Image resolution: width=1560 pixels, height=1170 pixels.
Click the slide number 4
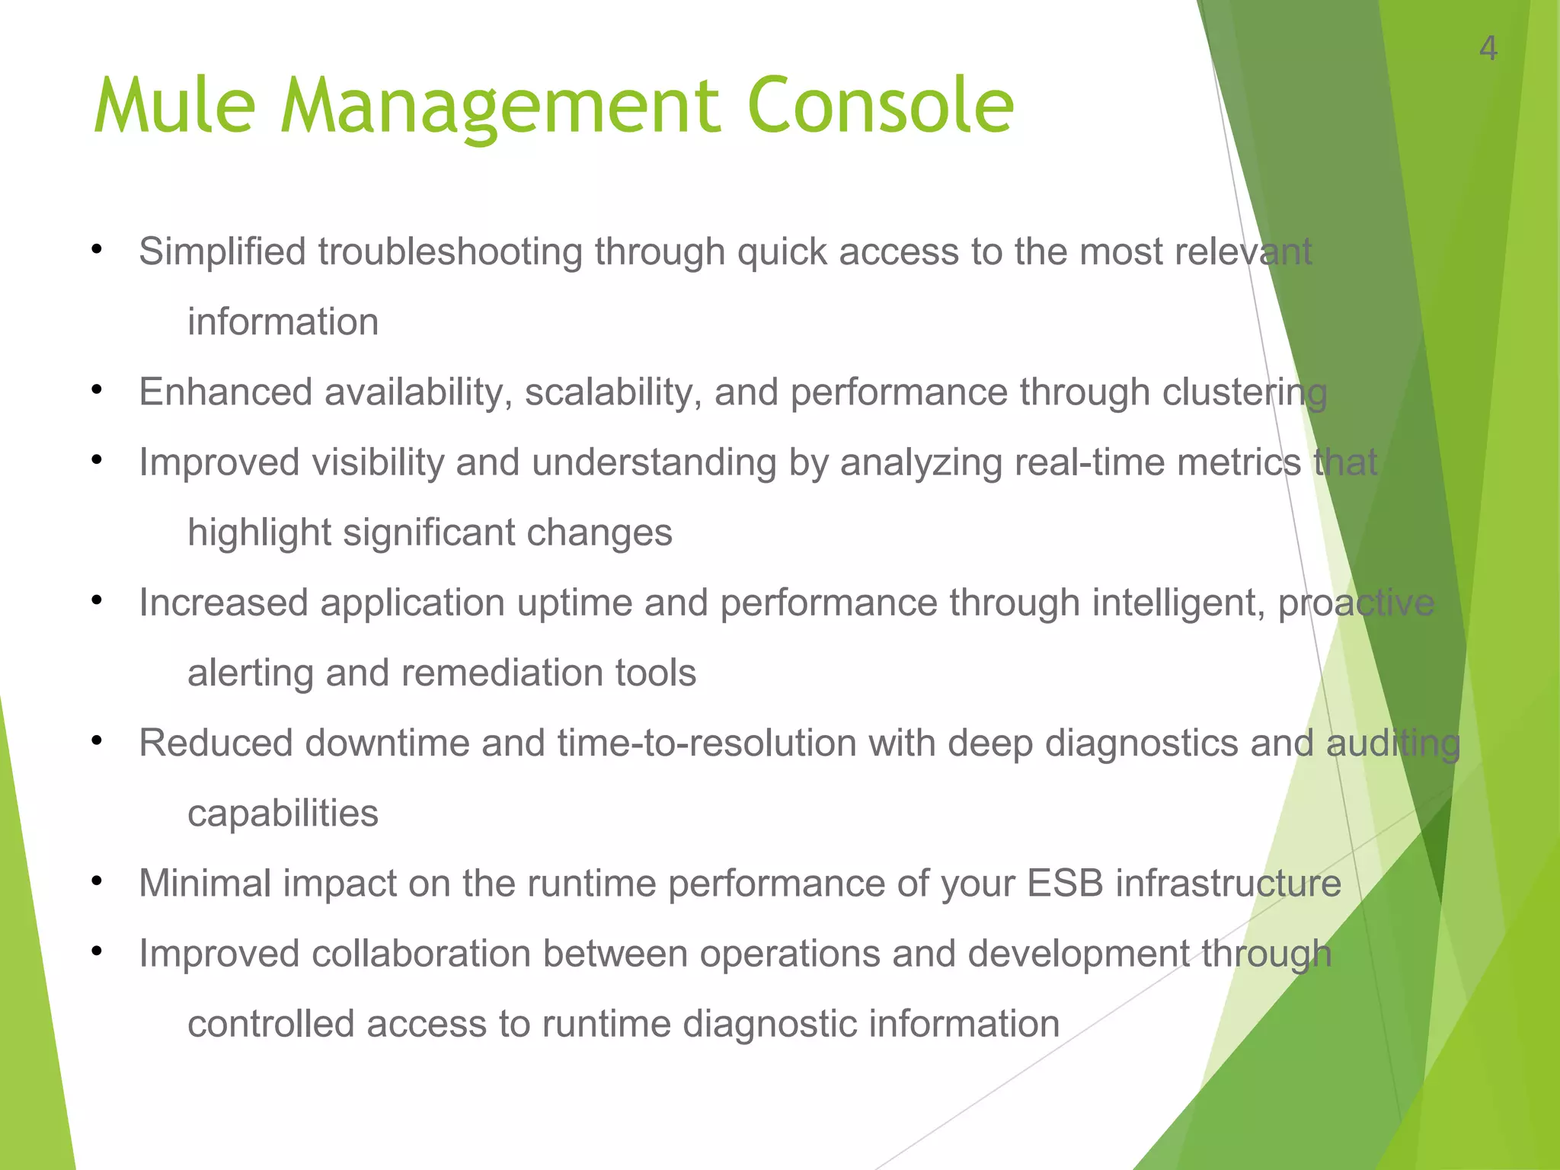coord(1488,50)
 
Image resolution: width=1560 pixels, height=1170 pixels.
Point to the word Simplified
coord(222,252)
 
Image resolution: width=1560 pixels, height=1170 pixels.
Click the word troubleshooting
coord(449,252)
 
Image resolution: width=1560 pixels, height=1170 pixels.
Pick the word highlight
coord(259,533)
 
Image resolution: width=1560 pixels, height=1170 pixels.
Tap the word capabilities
coord(283,814)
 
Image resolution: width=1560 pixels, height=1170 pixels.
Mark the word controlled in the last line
coord(271,1024)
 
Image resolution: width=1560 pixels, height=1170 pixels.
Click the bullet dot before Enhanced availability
coord(96,390)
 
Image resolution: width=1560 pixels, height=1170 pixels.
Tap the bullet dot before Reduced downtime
coord(96,740)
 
